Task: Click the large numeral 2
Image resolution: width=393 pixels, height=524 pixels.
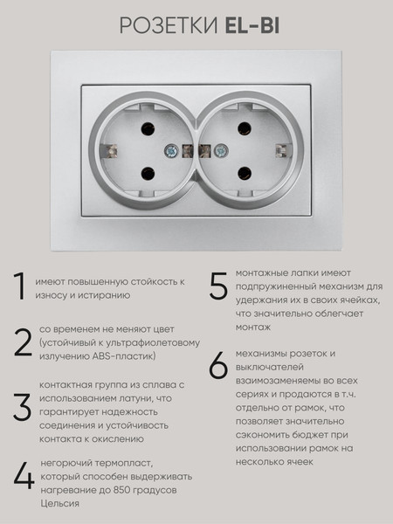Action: pyautogui.click(x=22, y=342)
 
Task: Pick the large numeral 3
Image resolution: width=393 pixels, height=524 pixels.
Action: pyautogui.click(x=23, y=407)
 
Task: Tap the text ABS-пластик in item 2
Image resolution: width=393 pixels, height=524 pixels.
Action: pyautogui.click(x=123, y=356)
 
